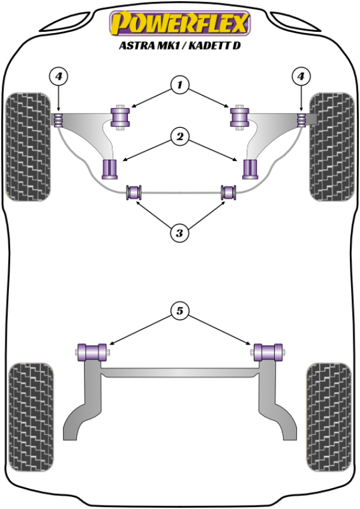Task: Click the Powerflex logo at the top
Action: (x=179, y=23)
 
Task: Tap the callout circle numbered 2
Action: (x=179, y=137)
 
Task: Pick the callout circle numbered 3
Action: (x=179, y=232)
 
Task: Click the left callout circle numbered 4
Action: (x=59, y=76)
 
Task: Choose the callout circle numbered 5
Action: (x=179, y=311)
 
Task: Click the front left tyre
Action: (x=27, y=146)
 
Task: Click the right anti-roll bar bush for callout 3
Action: (x=229, y=193)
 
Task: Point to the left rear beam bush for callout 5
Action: (x=92, y=351)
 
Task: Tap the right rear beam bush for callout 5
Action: (x=268, y=351)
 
